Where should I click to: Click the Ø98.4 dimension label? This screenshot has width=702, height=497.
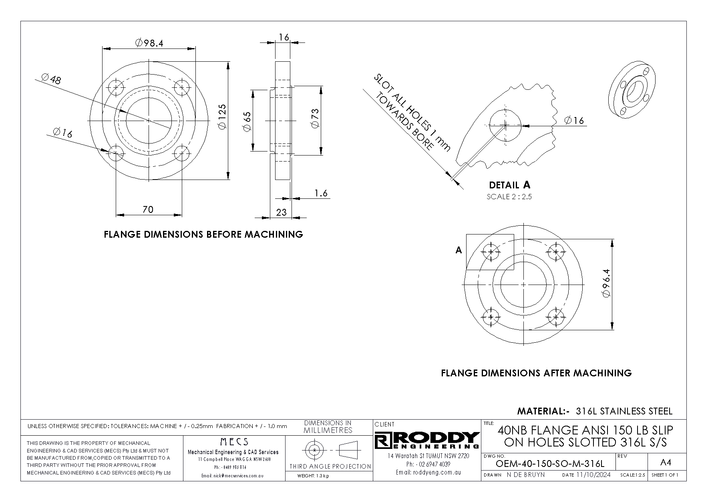point(149,43)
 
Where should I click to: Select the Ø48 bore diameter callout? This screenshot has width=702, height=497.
point(51,79)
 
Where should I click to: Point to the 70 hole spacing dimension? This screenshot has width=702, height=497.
point(148,209)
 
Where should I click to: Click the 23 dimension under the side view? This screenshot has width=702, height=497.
point(282,212)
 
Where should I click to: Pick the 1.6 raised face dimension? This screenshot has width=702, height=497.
point(321,193)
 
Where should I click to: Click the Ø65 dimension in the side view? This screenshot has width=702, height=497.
point(247,121)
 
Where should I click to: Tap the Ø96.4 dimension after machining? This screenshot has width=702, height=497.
point(606,283)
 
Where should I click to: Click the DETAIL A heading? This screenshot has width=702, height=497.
point(509,185)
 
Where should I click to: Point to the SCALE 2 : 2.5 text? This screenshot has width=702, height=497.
point(509,197)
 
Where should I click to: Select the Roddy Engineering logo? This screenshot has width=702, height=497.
point(427,440)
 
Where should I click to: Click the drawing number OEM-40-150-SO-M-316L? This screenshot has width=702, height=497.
point(549,464)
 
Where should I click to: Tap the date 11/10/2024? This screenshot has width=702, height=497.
point(593,475)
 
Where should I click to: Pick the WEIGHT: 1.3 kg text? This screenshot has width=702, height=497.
point(313,476)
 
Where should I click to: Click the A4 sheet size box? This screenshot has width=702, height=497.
point(665,463)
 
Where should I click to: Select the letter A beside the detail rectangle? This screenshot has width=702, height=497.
point(459,250)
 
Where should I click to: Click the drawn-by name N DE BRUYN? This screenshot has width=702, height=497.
point(525,475)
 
